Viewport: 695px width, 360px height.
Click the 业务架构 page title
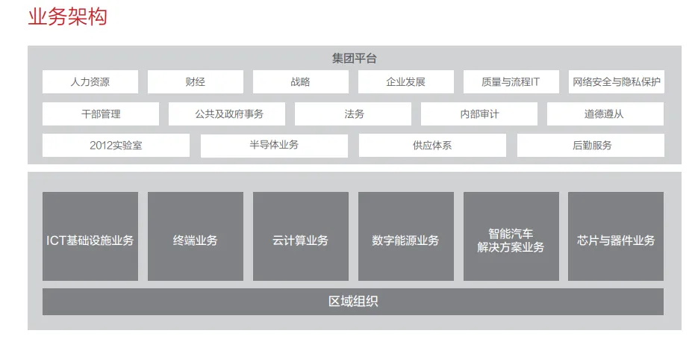[67, 16]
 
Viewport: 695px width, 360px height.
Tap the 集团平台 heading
[354, 58]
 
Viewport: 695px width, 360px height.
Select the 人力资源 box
[90, 82]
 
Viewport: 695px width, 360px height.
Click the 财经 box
[195, 82]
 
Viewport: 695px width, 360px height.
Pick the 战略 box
[300, 82]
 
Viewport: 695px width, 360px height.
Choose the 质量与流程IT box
[511, 82]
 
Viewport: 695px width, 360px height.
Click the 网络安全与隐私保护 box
[616, 82]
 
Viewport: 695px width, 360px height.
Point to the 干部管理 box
[101, 114]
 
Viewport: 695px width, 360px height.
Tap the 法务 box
[353, 114]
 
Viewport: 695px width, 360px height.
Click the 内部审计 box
[479, 114]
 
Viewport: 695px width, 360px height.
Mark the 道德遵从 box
[605, 114]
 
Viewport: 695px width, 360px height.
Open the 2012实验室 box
[116, 146]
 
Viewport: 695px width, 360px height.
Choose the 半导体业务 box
[274, 146]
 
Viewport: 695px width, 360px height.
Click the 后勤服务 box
[590, 146]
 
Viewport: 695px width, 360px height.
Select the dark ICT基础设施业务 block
[90, 237]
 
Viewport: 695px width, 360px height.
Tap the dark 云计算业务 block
[300, 237]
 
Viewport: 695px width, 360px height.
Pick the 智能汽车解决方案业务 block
[511, 237]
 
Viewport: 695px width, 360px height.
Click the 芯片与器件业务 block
[616, 237]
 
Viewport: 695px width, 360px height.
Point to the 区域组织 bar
[353, 302]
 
